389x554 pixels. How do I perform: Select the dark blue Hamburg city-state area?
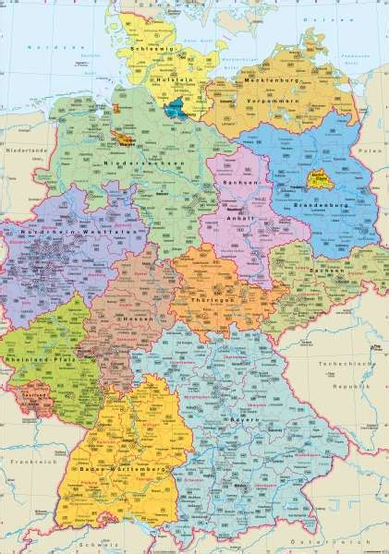[x=174, y=109]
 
